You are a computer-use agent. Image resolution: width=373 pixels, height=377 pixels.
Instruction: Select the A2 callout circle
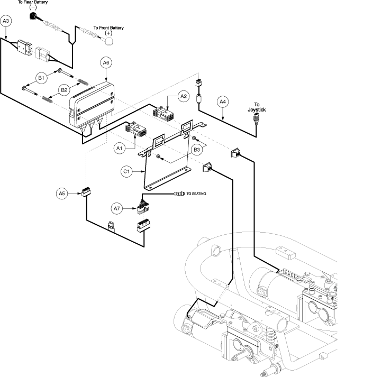point(184,96)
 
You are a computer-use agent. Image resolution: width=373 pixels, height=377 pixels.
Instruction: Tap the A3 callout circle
point(6,21)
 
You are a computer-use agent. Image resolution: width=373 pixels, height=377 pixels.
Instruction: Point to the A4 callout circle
point(223,101)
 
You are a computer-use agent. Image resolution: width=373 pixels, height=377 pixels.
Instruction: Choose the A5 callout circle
point(62,194)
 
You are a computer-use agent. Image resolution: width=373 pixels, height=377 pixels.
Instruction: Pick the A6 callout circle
point(106,63)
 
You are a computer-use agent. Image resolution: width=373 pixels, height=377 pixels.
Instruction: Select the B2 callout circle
point(63,90)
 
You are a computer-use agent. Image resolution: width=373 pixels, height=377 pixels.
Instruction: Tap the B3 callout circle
point(196,150)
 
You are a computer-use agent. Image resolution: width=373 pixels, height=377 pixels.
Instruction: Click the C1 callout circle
point(126,171)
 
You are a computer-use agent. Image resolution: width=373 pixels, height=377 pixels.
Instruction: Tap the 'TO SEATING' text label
point(195,194)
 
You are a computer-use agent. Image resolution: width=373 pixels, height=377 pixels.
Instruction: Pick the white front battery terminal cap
point(110,41)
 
